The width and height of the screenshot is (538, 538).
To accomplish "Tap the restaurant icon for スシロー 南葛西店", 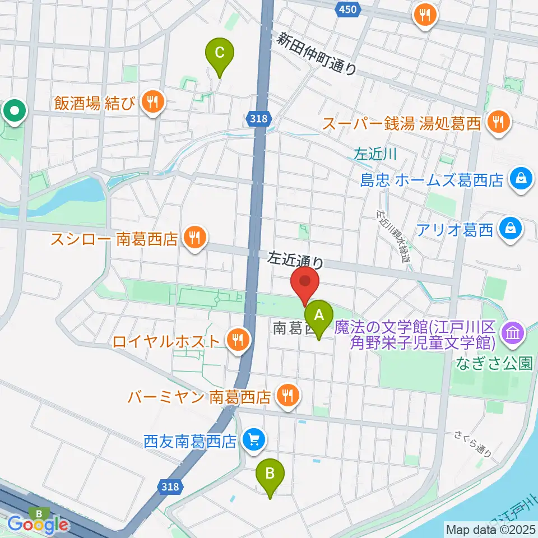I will [193, 239].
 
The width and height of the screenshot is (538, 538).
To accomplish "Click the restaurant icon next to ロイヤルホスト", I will [238, 340].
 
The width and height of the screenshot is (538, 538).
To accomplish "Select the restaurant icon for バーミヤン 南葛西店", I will [287, 397].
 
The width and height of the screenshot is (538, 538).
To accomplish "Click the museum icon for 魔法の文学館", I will [514, 334].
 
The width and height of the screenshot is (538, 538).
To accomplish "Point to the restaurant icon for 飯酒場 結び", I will [151, 103].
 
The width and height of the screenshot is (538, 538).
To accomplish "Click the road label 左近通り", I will [296, 261].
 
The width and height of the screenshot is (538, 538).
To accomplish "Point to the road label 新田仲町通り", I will [317, 53].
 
